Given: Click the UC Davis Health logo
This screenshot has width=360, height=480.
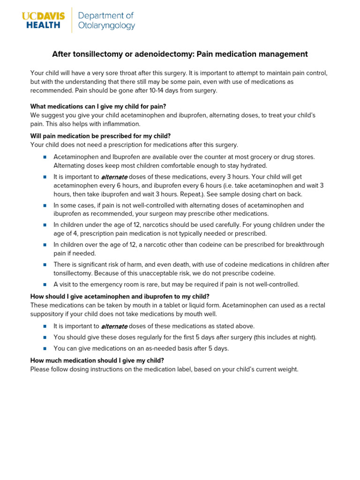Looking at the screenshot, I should (43, 20).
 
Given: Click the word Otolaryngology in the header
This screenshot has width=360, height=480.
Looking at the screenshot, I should (107, 26).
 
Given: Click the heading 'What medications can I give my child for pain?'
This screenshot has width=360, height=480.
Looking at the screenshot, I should (98, 106).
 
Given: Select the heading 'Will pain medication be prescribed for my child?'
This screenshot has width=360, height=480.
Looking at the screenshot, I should (100, 136).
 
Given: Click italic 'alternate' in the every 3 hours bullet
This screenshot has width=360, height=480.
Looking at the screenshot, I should (114, 177).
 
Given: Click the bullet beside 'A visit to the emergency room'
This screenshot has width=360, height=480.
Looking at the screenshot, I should (45, 285).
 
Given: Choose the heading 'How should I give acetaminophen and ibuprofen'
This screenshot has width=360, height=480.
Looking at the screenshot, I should (120, 296).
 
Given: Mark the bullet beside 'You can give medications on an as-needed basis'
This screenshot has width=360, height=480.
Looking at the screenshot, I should (45, 348).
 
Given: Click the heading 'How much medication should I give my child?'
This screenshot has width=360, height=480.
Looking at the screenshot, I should (97, 360).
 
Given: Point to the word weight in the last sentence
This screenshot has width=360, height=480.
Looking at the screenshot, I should (286, 369).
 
